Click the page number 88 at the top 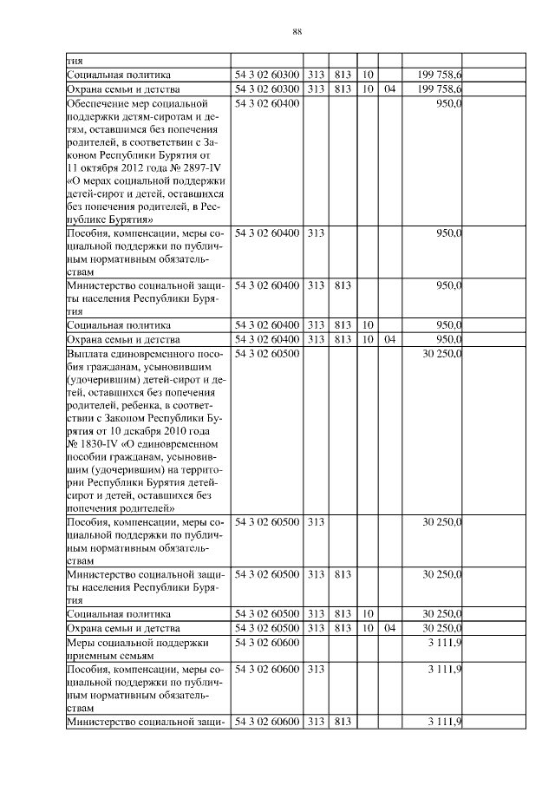tap(297, 31)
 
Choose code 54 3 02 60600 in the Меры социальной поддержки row tap(267, 642)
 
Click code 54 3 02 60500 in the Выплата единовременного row tap(267, 353)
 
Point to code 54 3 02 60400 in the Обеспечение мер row tap(267, 103)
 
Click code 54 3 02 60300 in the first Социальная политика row tap(267, 75)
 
